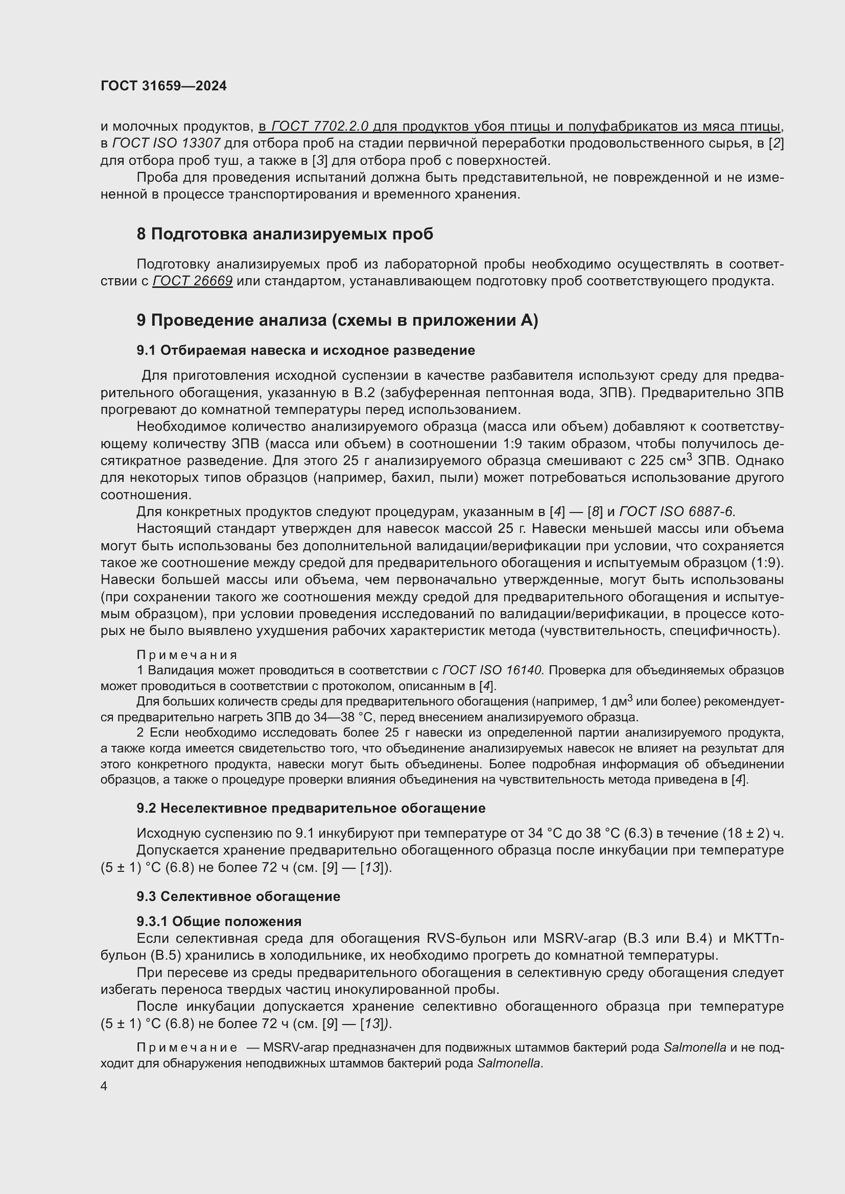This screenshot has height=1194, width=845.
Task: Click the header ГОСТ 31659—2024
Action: pos(163,86)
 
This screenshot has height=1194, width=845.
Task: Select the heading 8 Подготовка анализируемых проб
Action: pos(285,234)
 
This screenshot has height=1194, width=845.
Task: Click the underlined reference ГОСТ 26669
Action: pos(192,281)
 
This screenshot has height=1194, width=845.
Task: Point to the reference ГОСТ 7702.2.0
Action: pos(320,127)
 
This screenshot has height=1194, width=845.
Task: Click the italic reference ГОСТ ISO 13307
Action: pos(167,143)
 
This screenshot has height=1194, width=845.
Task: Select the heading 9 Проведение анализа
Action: pos(337,321)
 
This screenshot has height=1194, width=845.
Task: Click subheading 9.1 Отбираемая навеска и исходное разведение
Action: pos(306,351)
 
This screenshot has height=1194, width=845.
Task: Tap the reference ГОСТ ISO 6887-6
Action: pos(677,511)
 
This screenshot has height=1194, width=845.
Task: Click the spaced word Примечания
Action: pos(187,655)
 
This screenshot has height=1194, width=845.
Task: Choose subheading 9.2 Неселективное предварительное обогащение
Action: pos(311,808)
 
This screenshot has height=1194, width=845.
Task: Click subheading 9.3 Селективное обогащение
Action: pos(238,896)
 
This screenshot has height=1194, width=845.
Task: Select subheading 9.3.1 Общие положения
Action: pos(219,921)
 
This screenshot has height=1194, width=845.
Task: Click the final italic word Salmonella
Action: pos(509,1063)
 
